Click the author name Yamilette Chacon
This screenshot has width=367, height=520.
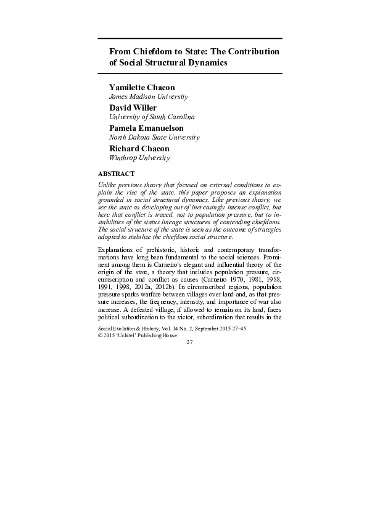[x=142, y=87]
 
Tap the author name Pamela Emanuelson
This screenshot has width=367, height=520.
[x=146, y=128]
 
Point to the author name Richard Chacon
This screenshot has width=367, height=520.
[x=139, y=148]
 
